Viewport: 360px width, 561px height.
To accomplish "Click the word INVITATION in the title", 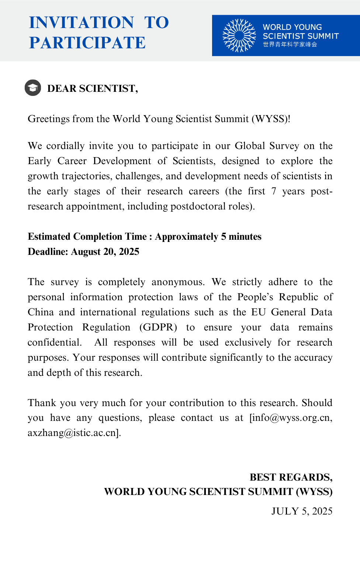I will [x=82, y=22].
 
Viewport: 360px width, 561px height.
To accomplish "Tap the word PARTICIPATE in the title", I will [x=87, y=43].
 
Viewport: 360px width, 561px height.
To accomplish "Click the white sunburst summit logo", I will [x=239, y=35].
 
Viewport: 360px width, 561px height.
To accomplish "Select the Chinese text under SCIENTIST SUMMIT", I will [x=290, y=45].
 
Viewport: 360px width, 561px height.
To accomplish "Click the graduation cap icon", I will [x=33, y=88].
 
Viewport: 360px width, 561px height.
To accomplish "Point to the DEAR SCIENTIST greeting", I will [x=93, y=89].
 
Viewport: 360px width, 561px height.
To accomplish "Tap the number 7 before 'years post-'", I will [x=274, y=191].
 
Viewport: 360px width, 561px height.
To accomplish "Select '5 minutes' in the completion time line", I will [x=241, y=236].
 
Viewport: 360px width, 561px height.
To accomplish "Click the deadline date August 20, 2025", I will [x=105, y=252].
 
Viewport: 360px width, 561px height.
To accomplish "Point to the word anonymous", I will [x=178, y=282].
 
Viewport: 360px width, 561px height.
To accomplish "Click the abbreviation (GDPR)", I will [x=158, y=327].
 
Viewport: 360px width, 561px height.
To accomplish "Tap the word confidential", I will [x=55, y=342].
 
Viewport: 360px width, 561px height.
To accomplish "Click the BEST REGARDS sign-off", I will [x=291, y=477].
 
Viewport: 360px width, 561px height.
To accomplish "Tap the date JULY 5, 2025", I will [x=302, y=511].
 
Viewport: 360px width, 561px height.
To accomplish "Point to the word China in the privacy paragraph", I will [x=41, y=312].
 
